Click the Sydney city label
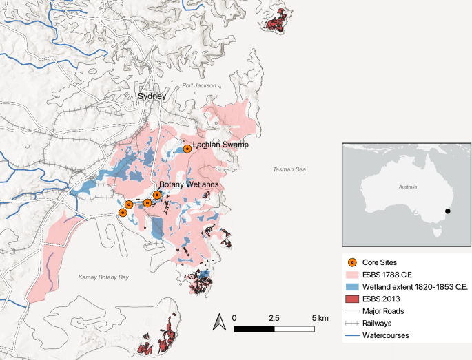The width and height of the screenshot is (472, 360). (x=152, y=97)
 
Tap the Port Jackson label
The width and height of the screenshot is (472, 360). (x=199, y=86)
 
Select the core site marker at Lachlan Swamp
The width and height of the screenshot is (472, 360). (x=187, y=148)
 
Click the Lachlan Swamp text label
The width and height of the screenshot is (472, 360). (x=220, y=145)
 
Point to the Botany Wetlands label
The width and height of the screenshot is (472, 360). (x=189, y=185)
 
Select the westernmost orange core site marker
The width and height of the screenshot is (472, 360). (x=122, y=213)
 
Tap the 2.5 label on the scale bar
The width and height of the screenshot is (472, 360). (x=274, y=317)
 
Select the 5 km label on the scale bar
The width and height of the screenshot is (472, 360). (x=320, y=317)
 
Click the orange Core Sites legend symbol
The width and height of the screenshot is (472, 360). (x=351, y=262)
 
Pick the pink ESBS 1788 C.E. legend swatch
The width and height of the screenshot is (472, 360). (x=351, y=274)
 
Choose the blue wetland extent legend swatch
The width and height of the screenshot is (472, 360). (x=351, y=286)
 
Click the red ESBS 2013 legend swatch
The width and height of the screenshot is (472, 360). (x=351, y=299)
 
